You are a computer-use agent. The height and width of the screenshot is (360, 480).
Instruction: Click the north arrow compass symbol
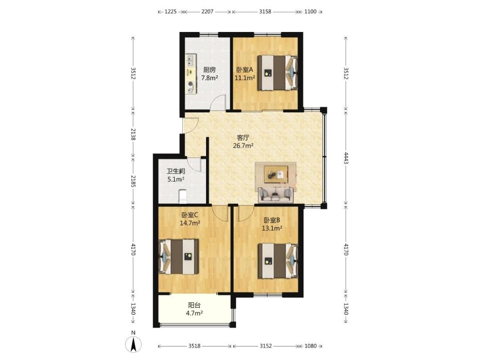(133, 344)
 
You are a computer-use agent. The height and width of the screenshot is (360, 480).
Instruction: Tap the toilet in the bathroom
(182, 196)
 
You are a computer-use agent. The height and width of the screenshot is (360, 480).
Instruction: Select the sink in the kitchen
(191, 61)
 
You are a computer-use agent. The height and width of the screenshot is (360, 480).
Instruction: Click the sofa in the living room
(276, 195)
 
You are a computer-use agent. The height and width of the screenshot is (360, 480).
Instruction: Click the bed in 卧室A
(277, 73)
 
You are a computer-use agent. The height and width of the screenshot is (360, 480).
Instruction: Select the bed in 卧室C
(179, 256)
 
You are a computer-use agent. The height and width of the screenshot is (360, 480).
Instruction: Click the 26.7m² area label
(243, 145)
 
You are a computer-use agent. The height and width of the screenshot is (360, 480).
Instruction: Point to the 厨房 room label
(209, 70)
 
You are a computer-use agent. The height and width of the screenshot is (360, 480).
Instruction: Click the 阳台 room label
(194, 305)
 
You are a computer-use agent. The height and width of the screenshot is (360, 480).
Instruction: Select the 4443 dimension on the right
(346, 158)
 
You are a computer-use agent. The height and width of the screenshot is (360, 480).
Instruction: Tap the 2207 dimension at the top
(207, 12)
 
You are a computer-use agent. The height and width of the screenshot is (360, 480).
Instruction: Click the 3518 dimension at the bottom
(194, 346)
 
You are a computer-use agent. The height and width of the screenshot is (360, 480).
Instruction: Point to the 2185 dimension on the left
(133, 181)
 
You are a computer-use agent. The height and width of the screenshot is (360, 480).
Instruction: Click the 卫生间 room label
(176, 172)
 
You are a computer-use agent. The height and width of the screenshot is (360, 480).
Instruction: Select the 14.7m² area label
(190, 223)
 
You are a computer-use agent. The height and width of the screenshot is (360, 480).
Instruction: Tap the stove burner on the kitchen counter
(191, 83)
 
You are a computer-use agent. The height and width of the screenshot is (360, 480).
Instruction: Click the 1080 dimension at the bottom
(310, 346)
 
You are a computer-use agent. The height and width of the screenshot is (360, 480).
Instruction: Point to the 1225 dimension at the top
(171, 12)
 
